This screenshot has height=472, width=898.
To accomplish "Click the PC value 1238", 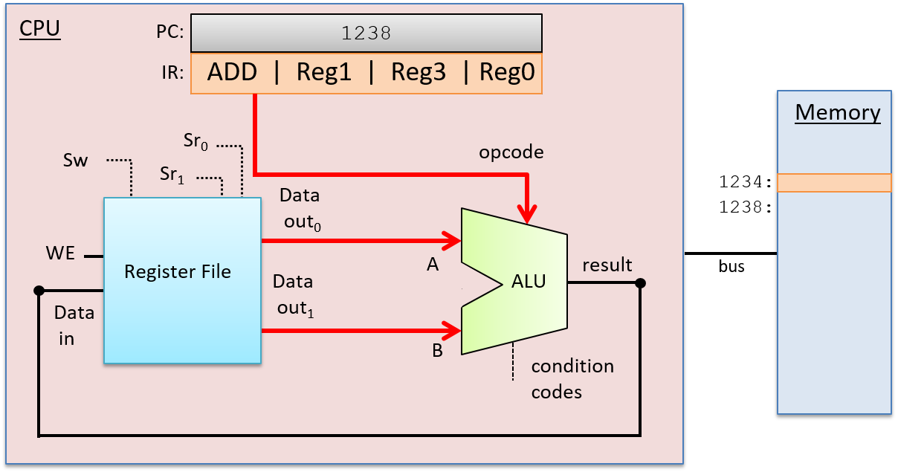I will [x=366, y=33].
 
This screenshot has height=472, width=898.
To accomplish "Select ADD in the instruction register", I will [x=232, y=73].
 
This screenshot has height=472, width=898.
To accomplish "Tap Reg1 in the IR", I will [x=323, y=73].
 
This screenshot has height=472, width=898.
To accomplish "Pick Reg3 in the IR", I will [x=419, y=73].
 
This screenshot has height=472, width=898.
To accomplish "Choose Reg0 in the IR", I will [x=507, y=73].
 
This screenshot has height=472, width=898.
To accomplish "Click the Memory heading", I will [x=838, y=112].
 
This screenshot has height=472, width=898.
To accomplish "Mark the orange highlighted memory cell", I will [x=834, y=183].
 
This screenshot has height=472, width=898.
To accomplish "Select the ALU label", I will [x=529, y=281].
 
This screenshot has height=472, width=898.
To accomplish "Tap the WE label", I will [x=60, y=253].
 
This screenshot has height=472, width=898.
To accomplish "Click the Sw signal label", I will [x=75, y=161].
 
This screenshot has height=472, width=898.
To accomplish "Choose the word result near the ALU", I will [x=607, y=265].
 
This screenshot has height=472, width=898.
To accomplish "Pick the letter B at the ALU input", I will [x=438, y=351].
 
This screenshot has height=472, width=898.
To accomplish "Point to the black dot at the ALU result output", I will [x=640, y=283].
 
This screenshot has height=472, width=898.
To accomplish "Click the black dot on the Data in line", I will [x=39, y=291].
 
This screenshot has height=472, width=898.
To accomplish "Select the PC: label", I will [x=169, y=33].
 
